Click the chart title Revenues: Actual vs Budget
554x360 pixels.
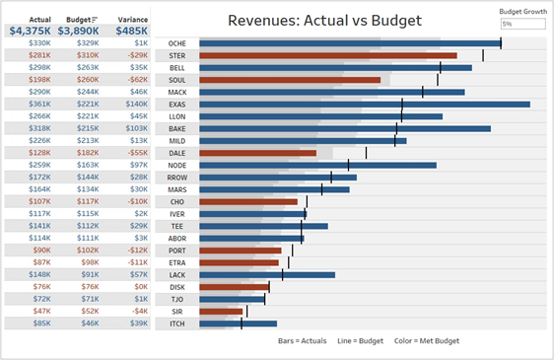click(x=324, y=20)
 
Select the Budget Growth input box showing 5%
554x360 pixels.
click(x=521, y=23)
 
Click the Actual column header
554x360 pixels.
click(x=40, y=19)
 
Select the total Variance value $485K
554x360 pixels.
click(x=131, y=31)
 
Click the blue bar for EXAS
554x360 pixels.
click(x=364, y=104)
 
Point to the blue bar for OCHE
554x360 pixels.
click(x=349, y=43)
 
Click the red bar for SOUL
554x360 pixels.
click(x=290, y=80)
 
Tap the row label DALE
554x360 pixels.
click(x=177, y=153)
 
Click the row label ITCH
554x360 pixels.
click(x=177, y=324)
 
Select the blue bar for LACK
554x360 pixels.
click(x=266, y=275)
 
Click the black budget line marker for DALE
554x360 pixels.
click(x=366, y=153)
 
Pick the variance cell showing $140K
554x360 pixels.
click(x=136, y=104)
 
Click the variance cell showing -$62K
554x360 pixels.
click(x=136, y=79)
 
